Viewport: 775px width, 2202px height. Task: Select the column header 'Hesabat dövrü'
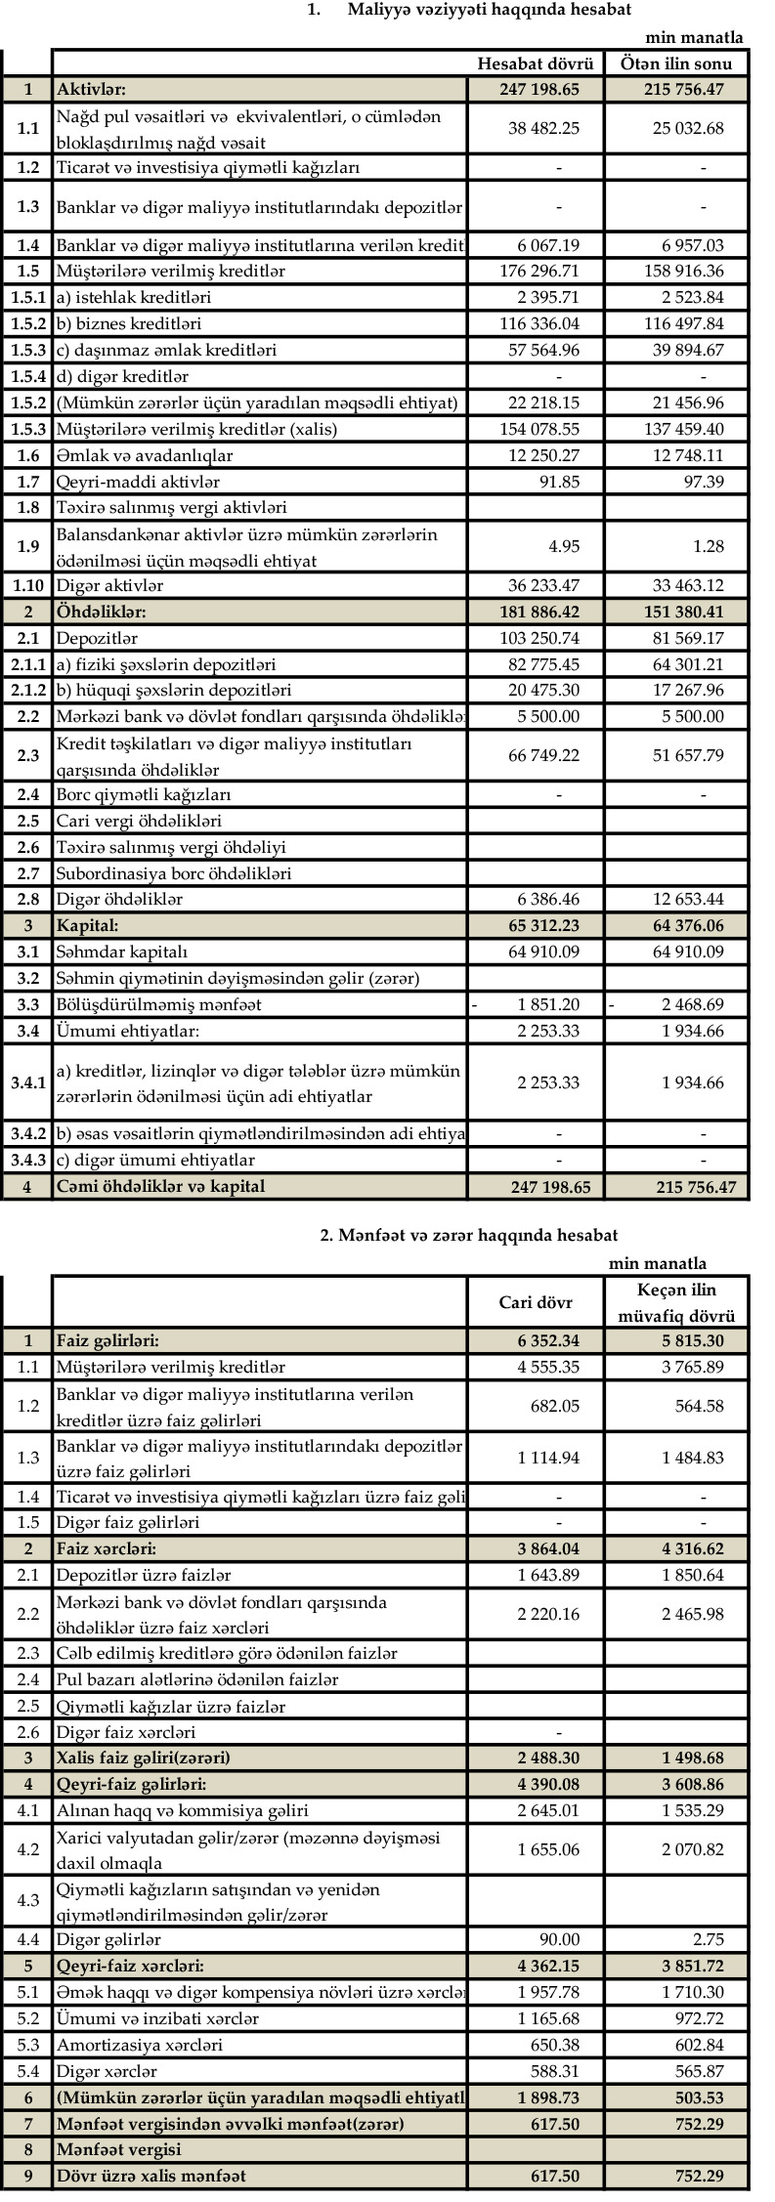[536, 64]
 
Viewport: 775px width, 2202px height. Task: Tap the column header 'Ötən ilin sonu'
[675, 64]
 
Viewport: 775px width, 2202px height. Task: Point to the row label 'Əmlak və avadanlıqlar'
[145, 455]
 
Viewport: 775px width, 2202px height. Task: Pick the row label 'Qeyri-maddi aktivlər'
[138, 482]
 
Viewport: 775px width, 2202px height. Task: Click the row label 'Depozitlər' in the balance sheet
[97, 639]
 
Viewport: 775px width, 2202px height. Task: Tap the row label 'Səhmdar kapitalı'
[121, 952]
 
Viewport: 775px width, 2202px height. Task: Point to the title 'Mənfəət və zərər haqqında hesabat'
[469, 1236]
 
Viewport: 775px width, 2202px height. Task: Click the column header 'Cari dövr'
[536, 1302]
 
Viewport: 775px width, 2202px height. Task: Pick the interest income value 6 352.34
[548, 1341]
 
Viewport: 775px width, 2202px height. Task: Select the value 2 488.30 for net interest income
[548, 1757]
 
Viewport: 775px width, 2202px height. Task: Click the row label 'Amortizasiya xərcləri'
[139, 2045]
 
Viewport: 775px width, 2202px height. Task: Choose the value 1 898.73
[548, 2097]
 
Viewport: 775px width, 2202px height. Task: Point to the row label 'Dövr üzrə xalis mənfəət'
[151, 2176]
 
